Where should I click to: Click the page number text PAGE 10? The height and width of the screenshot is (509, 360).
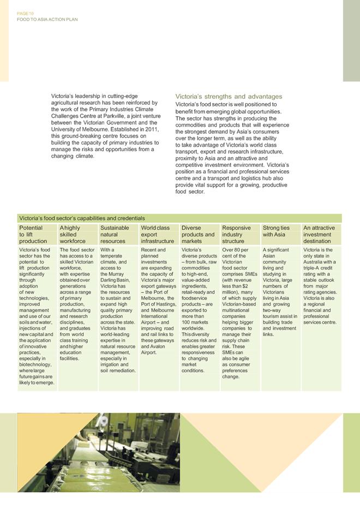tap(26, 13)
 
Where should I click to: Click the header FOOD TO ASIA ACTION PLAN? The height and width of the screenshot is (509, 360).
tap(47, 19)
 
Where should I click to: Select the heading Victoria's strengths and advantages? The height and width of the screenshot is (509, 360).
tap(229, 97)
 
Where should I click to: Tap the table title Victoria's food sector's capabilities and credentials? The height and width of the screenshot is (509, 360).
tap(82, 218)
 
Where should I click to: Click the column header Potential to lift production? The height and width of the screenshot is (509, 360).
tap(33, 235)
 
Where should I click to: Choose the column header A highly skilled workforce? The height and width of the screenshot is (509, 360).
tap(73, 235)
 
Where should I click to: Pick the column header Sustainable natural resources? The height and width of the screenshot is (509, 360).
tap(115, 235)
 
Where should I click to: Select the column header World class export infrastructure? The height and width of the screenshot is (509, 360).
tap(158, 235)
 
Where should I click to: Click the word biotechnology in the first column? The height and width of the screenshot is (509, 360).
tap(35, 364)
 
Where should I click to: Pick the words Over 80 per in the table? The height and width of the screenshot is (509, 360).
tap(235, 250)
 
